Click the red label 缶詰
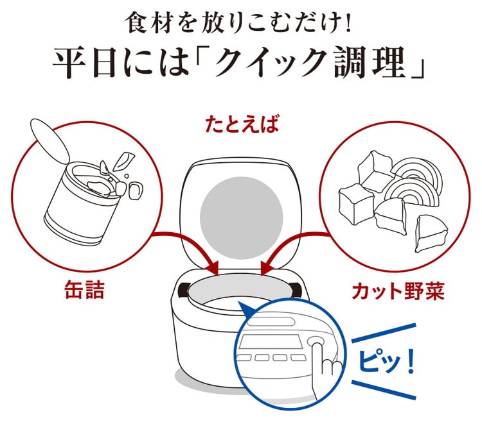[85, 289]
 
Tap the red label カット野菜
[398, 291]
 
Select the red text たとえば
[242, 124]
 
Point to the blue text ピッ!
[386, 360]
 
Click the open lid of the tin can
[49, 140]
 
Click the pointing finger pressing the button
[326, 368]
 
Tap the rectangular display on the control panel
[271, 341]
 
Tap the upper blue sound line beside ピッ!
[384, 332]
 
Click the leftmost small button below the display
[244, 358]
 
